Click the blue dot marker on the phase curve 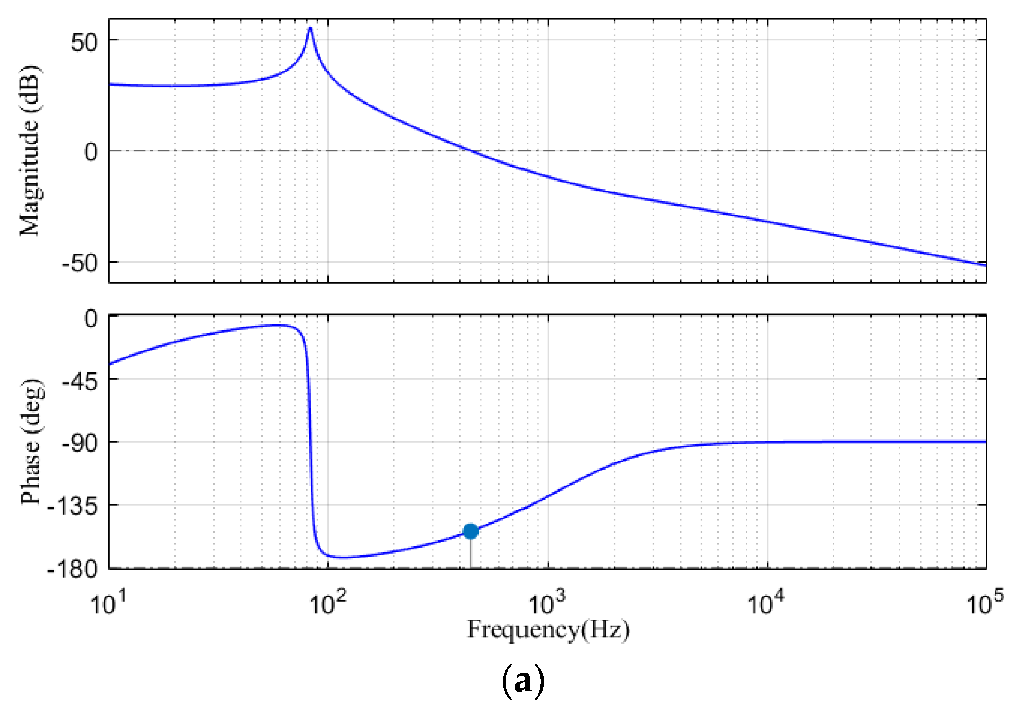(470, 531)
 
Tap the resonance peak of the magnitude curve (310, 29)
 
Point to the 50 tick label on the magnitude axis (84, 42)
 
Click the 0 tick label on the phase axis (91, 319)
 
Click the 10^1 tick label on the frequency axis (108, 603)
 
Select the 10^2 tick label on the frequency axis (328, 603)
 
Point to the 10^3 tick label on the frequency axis (547, 603)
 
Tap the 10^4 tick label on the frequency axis (766, 603)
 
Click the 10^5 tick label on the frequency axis (985, 603)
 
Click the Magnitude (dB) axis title (30, 151)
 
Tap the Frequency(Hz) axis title (548, 629)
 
